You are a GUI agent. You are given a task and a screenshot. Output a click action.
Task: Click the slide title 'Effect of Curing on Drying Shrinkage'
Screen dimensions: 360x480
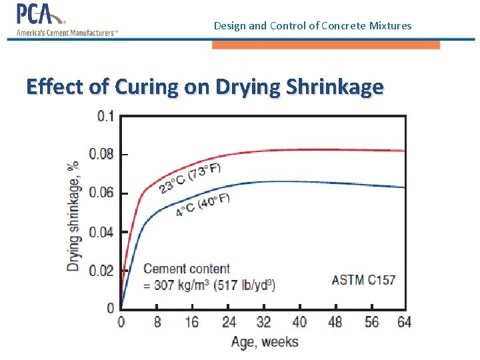205,87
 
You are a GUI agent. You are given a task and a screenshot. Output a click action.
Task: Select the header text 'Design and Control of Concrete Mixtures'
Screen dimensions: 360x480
313,26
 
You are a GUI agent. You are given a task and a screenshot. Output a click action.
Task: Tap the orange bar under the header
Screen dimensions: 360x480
325,45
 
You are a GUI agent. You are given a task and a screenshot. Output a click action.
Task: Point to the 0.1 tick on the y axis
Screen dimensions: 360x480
105,117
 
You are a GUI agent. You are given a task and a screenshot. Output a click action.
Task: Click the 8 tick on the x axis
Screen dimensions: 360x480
157,323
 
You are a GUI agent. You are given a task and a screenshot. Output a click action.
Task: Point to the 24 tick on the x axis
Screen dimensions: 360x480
229,323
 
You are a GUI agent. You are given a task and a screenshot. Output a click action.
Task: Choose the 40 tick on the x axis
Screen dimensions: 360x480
300,323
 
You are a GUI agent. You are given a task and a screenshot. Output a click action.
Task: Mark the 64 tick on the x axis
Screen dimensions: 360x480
404,323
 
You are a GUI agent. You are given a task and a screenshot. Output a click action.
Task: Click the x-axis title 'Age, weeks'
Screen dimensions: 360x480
265,342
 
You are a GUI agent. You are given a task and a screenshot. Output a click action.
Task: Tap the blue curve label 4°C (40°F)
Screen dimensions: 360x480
203,204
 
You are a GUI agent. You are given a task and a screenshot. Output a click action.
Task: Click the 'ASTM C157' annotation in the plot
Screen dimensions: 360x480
363,279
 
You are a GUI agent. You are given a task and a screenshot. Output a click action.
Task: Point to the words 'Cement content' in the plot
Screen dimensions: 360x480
187,269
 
